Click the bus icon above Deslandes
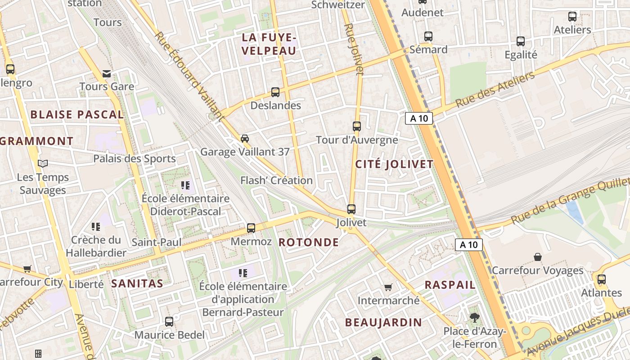click(275, 92)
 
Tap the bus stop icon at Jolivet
click(351, 209)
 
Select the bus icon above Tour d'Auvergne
click(357, 126)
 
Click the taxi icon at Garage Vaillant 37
click(245, 138)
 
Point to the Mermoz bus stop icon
click(251, 228)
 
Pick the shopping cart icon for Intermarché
click(388, 287)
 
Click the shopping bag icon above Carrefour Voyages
click(537, 257)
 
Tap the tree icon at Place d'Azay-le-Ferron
click(474, 318)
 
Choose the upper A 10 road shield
click(419, 118)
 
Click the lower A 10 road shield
click(469, 245)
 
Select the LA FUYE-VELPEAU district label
click(269, 44)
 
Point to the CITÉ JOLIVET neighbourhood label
click(394, 164)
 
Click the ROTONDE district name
click(309, 243)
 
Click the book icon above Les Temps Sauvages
click(43, 164)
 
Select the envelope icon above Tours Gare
click(107, 73)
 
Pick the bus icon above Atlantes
click(602, 279)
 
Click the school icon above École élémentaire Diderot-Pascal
click(185, 185)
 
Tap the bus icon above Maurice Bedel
click(169, 322)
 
